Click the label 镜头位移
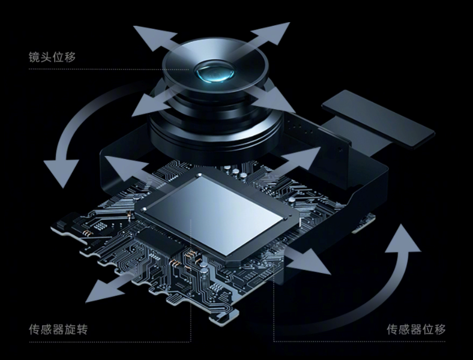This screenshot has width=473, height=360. (52, 57)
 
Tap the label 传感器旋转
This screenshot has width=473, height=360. (58, 329)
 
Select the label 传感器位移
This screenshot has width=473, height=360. (416, 329)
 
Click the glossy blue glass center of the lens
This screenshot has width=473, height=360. (215, 73)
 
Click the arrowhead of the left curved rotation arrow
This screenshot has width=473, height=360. (61, 172)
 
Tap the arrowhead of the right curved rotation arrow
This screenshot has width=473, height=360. (403, 238)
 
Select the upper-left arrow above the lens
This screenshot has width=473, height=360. (155, 38)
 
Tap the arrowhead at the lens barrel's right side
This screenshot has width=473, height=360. (276, 101)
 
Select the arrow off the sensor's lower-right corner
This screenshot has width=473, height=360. (308, 262)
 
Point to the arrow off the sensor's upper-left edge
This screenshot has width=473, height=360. (127, 167)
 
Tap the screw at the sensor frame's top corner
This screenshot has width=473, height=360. (199, 175)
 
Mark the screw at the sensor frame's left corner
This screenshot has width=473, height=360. (144, 208)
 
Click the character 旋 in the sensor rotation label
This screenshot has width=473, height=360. (70, 329)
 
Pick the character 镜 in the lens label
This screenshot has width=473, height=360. (34, 57)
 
